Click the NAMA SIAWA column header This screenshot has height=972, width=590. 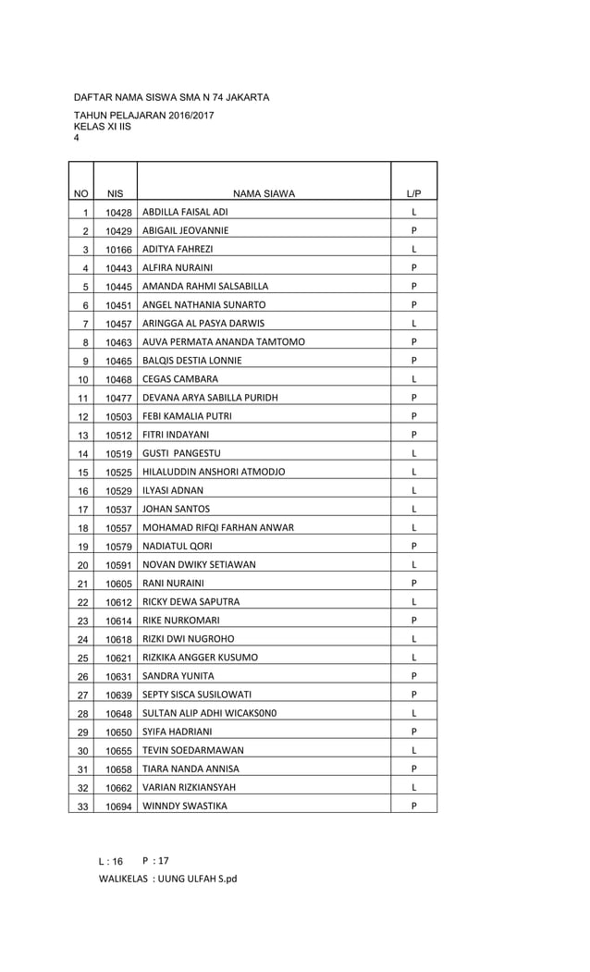tap(264, 193)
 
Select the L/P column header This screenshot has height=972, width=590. tap(413, 193)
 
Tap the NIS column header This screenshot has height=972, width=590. tap(115, 193)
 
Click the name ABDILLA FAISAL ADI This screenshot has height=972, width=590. tap(185, 212)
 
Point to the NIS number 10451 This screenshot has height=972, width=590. tap(118, 305)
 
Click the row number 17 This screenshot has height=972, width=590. tap(83, 509)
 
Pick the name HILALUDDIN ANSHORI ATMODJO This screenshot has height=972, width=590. tap(214, 472)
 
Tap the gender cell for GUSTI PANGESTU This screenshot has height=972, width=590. tap(413, 453)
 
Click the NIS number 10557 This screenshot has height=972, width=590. tap(118, 528)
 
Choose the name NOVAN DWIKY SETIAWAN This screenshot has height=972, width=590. tap(199, 564)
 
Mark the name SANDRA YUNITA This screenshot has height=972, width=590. tap(178, 675)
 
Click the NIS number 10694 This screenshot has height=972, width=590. tap(118, 806)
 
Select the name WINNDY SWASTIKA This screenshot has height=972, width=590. tap(185, 806)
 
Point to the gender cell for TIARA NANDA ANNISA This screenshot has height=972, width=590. tap(413, 769)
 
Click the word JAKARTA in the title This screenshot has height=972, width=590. tap(247, 96)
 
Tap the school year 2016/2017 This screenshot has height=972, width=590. tap(186, 116)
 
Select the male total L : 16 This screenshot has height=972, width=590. tap(111, 860)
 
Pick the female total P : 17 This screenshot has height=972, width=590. tap(155, 859)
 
